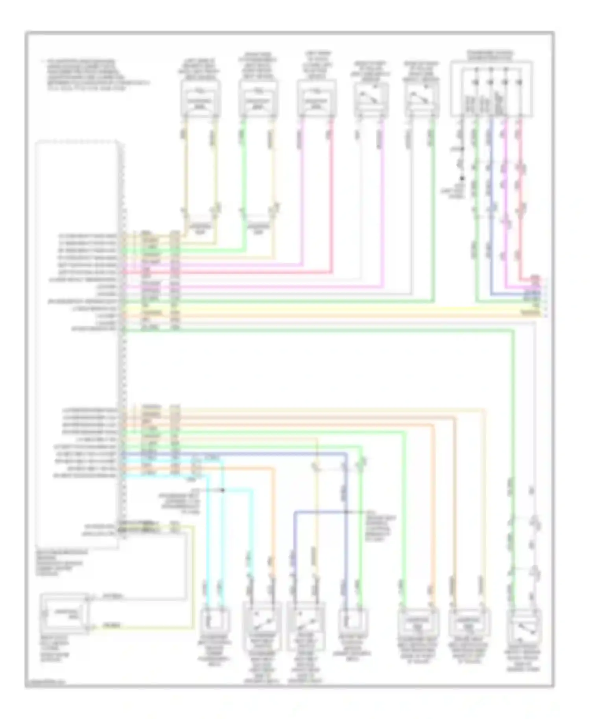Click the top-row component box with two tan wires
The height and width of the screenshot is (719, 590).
[x=201, y=99]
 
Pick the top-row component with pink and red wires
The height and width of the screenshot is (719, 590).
[x=317, y=99]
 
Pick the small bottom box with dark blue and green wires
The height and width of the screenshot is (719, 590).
[x=353, y=621]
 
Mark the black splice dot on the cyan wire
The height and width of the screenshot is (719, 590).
[x=223, y=490]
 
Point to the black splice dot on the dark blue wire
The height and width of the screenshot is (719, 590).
[x=346, y=512]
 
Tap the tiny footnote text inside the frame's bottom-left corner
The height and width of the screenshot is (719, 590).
[x=45, y=684]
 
